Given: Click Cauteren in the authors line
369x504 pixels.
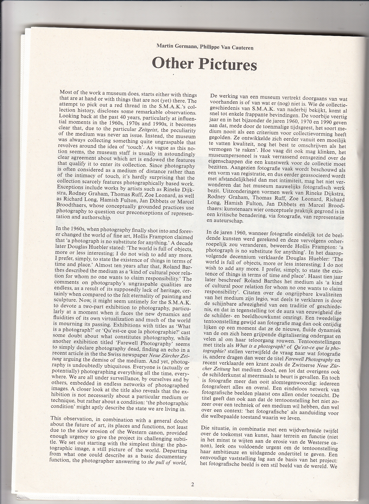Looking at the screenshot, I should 242,47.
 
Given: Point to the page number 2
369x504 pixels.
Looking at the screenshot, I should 193,485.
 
